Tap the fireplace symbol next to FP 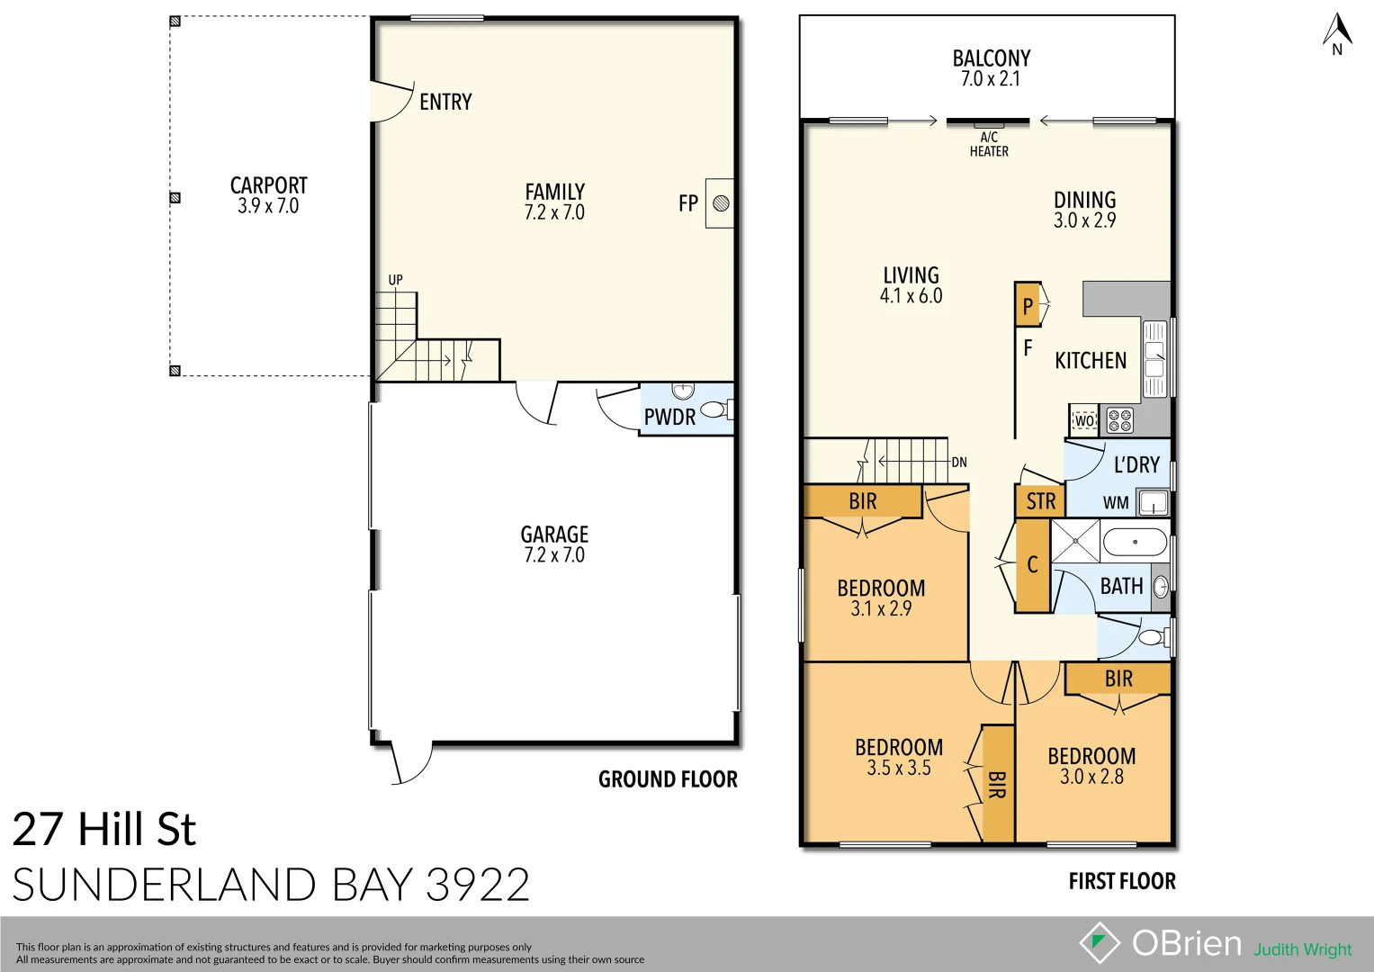coord(720,203)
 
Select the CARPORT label coord(268,185)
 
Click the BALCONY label coord(991,58)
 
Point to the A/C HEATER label coord(989,145)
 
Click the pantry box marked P coord(1028,305)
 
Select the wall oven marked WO coord(1084,420)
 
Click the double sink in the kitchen coord(1154,358)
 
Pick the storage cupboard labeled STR coord(1040,501)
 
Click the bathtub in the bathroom coord(1135,543)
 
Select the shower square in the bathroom coord(1076,543)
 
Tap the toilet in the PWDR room coord(714,410)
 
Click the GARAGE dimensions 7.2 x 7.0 coord(554,555)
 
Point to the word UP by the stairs coord(395,280)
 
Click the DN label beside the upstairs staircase coord(959,463)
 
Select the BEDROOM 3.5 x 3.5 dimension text coord(899,768)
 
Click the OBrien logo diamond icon coord(1100,942)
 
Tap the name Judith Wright coord(1303,949)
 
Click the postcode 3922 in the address coord(478,885)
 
